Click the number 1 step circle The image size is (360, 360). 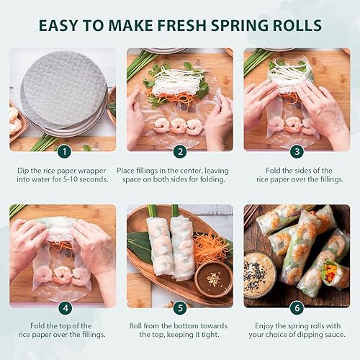[63, 151]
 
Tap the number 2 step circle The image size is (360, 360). [180, 151]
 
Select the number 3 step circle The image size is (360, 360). [297, 151]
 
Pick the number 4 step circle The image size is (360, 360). [63, 308]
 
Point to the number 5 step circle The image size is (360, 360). [180, 308]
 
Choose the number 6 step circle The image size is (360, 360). [297, 308]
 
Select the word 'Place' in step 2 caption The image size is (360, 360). [129, 171]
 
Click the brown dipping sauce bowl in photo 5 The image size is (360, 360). [213, 278]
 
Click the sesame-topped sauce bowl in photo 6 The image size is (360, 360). [259, 274]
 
